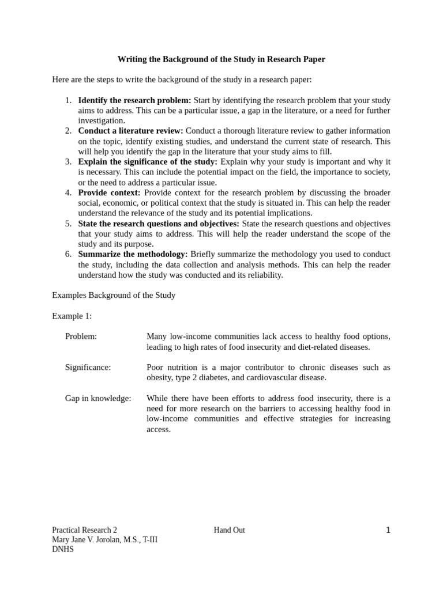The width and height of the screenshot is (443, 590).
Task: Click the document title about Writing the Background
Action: coord(221,59)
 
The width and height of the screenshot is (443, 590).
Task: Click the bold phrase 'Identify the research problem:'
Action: coord(134,100)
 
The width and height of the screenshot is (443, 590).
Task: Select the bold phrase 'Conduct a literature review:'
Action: coord(130,131)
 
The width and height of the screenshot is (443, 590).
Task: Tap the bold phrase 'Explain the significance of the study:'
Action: coord(148,162)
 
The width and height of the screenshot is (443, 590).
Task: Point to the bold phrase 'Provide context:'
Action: coord(109,192)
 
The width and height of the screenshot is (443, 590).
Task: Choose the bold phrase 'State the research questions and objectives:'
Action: coord(159,224)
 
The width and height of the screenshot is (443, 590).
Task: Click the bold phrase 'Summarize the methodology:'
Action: coord(133,254)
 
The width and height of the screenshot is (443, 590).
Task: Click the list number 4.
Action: coord(67,192)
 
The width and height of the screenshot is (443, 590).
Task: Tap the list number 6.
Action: coord(67,254)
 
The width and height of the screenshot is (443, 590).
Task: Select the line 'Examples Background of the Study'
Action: coord(114,296)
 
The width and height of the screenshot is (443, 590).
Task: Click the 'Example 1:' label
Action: coord(72,316)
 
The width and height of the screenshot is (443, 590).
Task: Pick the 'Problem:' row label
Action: coord(81,336)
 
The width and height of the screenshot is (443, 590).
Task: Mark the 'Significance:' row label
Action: coord(88,367)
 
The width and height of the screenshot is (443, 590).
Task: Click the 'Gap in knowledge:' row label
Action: coord(98,398)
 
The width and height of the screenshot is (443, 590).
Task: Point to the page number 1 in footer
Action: coord(388,530)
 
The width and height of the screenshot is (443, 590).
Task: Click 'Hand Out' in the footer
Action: coord(229,530)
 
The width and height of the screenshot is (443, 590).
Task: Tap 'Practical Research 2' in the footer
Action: coord(84,530)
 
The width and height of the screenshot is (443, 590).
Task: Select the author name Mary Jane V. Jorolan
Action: coord(92,540)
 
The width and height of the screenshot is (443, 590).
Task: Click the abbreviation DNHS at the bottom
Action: coord(63,550)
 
